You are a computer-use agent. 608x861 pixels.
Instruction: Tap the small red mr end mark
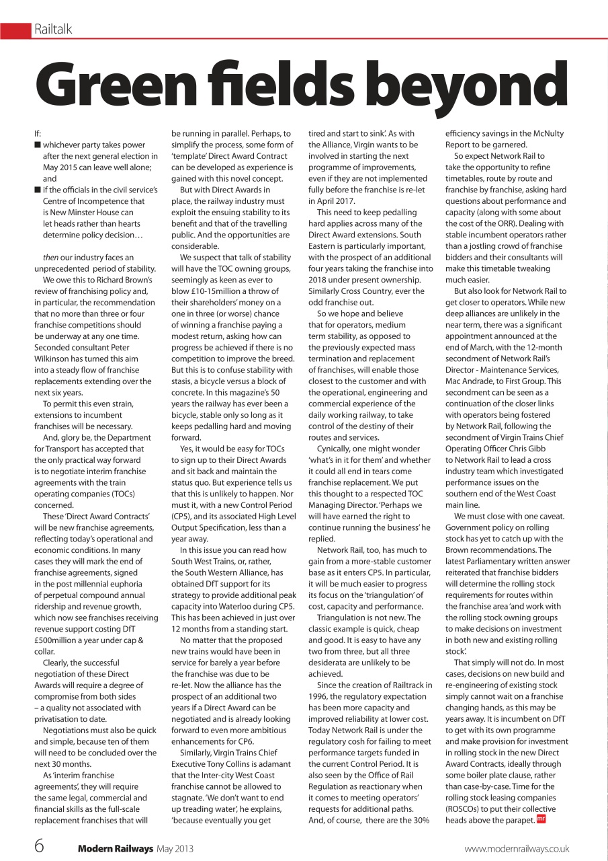540,819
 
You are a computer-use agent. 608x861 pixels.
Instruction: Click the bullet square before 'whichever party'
38,145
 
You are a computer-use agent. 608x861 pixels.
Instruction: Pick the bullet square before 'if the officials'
38,190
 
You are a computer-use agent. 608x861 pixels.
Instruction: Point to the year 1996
319,697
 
